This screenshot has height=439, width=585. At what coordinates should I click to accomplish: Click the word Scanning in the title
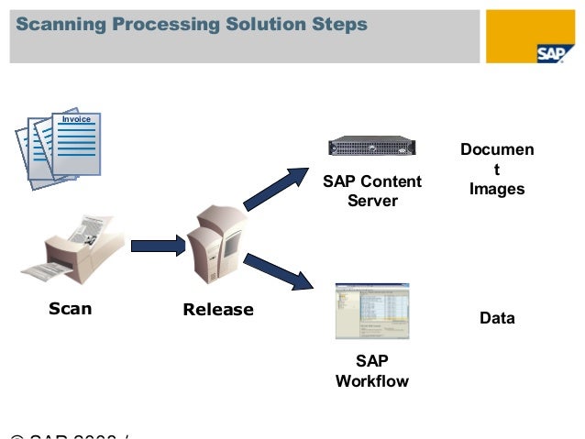(x=57, y=25)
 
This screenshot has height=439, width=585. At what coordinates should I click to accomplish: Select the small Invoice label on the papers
(x=76, y=120)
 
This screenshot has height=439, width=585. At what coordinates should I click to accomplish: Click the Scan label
(x=70, y=309)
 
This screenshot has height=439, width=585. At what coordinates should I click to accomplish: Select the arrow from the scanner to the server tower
(x=159, y=246)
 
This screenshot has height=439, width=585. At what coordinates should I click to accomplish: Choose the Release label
(x=218, y=310)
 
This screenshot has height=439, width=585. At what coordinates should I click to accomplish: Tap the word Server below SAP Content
(x=372, y=200)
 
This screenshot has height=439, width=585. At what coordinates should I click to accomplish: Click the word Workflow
(x=372, y=380)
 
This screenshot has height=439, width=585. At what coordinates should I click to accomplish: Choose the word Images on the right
(x=497, y=189)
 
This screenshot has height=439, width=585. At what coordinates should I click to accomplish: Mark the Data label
(x=497, y=318)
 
